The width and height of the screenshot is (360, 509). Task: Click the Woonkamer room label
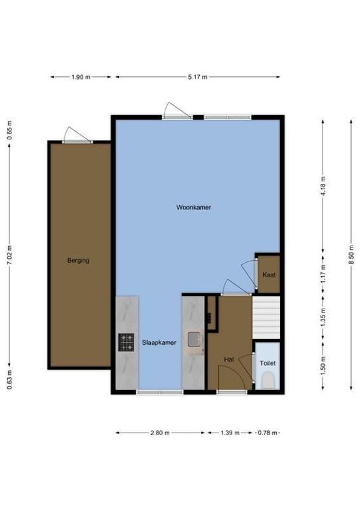click(x=194, y=207)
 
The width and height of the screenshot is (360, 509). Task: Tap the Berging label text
click(x=79, y=260)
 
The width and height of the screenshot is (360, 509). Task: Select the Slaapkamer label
click(x=158, y=342)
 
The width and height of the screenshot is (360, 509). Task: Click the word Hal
click(x=228, y=359)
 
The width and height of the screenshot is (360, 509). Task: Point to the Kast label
click(x=268, y=275)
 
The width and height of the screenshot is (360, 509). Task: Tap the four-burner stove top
click(x=126, y=342)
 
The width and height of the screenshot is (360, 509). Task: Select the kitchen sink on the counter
click(x=193, y=340)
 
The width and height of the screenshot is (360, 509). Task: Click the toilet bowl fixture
click(x=268, y=380)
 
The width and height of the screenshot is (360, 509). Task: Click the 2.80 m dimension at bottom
click(x=160, y=433)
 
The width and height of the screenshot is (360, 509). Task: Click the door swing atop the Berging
click(x=76, y=134)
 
